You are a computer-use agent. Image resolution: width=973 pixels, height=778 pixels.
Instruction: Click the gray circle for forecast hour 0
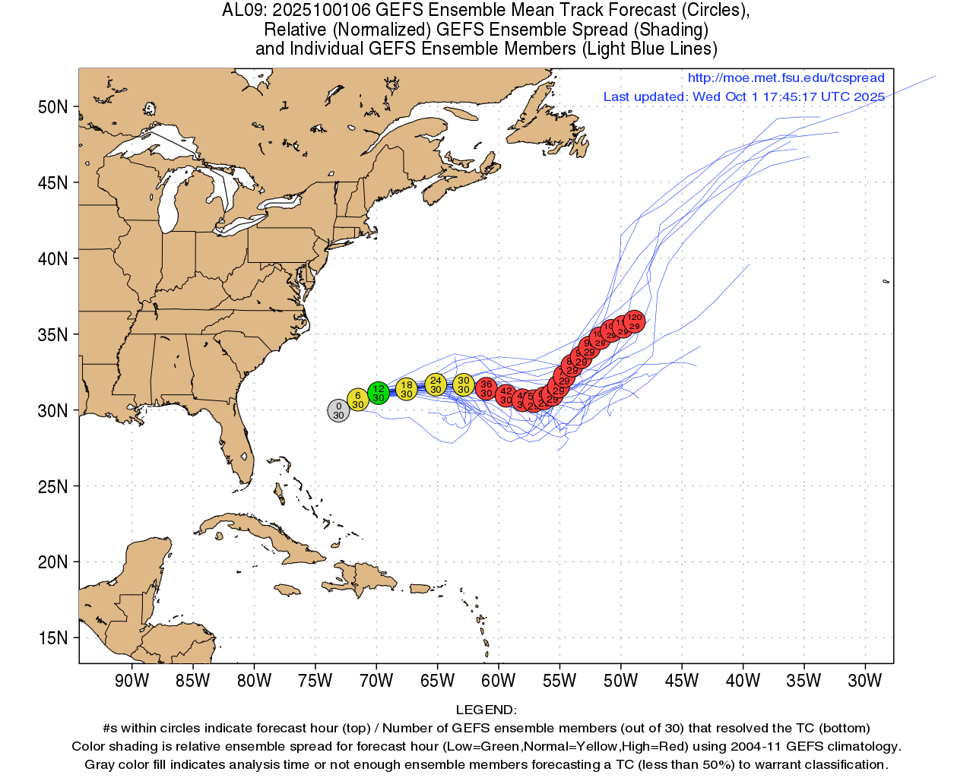(x=338, y=410)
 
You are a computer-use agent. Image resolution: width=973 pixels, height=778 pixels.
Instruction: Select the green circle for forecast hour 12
(x=379, y=393)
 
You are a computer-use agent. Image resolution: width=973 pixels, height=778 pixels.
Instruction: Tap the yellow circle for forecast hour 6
(x=358, y=400)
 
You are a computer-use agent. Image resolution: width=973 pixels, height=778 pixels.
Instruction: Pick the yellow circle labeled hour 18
(x=407, y=389)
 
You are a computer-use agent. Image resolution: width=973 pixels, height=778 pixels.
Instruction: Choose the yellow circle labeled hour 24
(x=436, y=384)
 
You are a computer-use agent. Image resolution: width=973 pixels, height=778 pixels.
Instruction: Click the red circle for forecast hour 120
(x=635, y=321)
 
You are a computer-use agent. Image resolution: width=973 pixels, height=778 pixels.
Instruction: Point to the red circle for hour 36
(x=486, y=389)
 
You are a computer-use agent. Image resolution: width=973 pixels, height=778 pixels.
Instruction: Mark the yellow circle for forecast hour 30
(x=464, y=384)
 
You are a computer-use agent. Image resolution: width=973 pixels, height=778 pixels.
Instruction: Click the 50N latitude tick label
(x=53, y=107)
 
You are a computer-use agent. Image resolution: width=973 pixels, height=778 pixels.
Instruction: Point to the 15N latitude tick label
(x=53, y=638)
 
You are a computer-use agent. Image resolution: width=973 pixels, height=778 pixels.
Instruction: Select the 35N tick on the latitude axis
(x=53, y=335)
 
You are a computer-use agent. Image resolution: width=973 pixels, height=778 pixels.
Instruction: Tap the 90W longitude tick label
(x=132, y=681)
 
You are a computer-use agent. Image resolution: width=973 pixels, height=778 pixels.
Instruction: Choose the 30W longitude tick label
(x=864, y=681)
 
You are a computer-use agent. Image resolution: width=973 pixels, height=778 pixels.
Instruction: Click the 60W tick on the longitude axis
(x=498, y=681)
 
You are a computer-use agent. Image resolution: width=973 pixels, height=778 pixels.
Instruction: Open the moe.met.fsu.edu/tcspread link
(x=786, y=78)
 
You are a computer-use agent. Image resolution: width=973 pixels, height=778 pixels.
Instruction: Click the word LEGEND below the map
(x=486, y=710)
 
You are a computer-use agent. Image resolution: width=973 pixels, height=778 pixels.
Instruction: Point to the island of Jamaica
(x=289, y=589)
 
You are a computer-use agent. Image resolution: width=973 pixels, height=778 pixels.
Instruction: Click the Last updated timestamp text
(x=743, y=96)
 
